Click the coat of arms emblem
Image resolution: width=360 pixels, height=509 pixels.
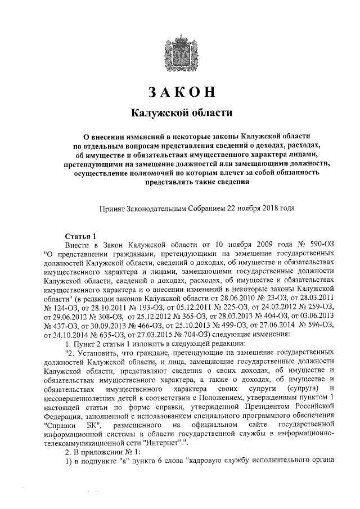point(181,50)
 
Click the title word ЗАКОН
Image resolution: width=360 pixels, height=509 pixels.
point(181,92)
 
